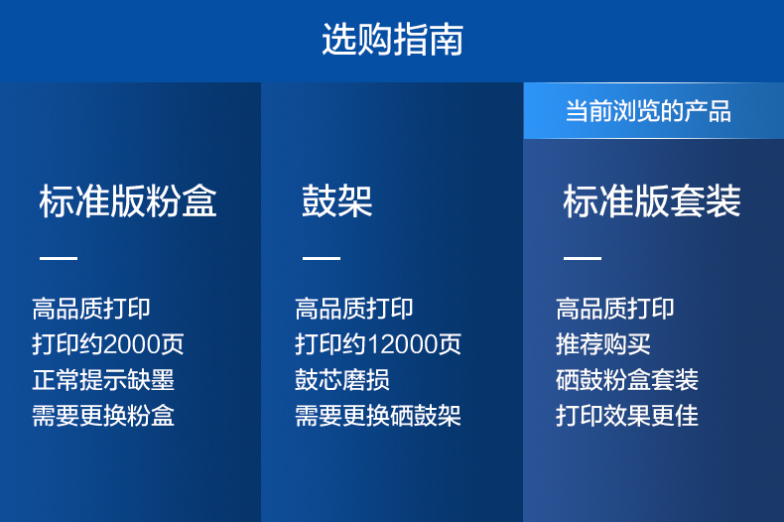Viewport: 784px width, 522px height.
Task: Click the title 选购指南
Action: coord(393,39)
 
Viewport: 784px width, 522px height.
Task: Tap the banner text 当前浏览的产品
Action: coord(648,111)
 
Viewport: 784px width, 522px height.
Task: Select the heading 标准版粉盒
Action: coord(128,201)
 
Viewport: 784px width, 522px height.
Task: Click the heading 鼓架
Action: coord(337,201)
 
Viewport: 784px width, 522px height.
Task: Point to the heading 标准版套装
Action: coord(651,201)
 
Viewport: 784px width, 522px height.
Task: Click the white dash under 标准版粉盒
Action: coord(59,258)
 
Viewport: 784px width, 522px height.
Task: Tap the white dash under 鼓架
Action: coord(321,258)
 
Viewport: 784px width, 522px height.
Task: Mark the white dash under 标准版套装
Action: coord(583,258)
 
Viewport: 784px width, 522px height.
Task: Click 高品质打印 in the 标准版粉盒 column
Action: coord(91,309)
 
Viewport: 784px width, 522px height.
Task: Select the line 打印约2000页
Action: coord(108,344)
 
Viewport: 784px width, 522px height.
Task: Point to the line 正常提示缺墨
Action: coord(103,380)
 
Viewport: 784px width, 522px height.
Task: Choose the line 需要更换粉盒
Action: coord(103,416)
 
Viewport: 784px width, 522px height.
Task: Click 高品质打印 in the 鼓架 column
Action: coord(354,309)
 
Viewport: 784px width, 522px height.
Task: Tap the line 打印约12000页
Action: coord(378,344)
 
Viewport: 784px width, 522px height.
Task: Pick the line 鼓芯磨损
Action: coord(342,380)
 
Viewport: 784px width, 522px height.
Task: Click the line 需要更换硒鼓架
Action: coord(378,416)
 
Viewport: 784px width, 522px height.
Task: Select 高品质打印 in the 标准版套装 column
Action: coord(615,309)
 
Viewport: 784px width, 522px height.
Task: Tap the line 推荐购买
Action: coord(603,344)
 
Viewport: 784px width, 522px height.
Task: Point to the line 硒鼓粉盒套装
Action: coord(627,380)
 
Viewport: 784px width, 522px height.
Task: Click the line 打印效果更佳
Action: coord(627,416)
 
